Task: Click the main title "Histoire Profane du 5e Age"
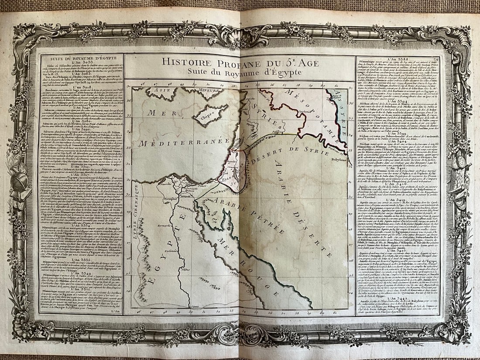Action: click(x=233, y=63)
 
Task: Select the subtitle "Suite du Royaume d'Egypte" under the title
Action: click(x=233, y=72)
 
